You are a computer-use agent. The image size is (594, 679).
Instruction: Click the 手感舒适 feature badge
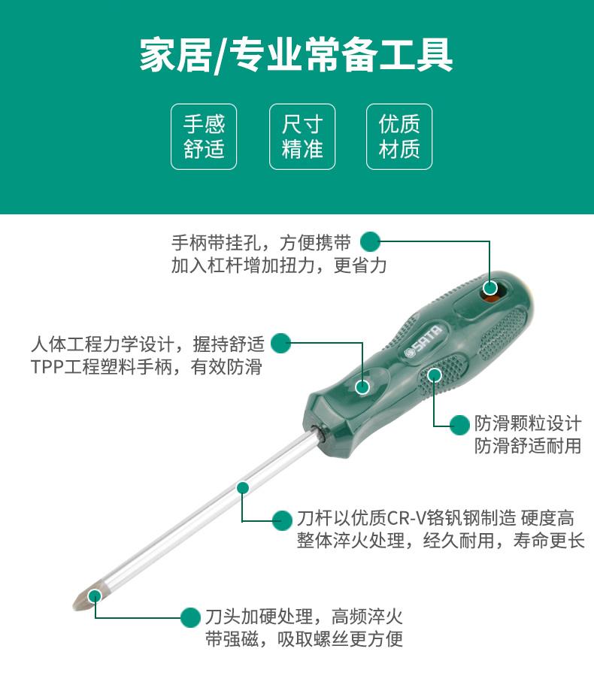point(204,136)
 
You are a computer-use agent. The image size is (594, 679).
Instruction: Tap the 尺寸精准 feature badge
point(302,136)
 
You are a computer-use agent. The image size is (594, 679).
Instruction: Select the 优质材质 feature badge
point(399,136)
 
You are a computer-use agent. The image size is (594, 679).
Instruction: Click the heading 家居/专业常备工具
point(296,55)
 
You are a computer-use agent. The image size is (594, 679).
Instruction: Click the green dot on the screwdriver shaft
point(242,487)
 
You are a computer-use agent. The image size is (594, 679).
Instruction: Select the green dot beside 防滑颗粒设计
point(459,425)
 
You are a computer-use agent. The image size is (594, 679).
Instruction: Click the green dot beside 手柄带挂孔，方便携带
point(370,241)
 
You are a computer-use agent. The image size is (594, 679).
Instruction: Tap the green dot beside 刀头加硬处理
point(190,617)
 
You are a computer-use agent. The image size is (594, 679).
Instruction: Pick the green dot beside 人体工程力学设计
point(280,343)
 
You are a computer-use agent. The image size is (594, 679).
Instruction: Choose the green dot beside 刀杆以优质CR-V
point(282,520)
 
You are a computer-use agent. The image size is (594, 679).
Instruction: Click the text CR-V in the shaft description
point(406,518)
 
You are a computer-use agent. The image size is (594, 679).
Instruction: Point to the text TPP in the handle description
point(47,367)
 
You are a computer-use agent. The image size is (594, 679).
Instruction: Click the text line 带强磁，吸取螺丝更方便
point(304,638)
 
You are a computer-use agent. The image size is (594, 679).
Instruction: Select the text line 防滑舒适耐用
point(527,446)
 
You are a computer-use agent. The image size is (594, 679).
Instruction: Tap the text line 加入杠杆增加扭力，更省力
point(279,265)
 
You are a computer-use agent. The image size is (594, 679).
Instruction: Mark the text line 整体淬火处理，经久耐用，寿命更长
point(441,540)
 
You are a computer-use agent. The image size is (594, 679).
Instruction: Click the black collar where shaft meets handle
point(322,433)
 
